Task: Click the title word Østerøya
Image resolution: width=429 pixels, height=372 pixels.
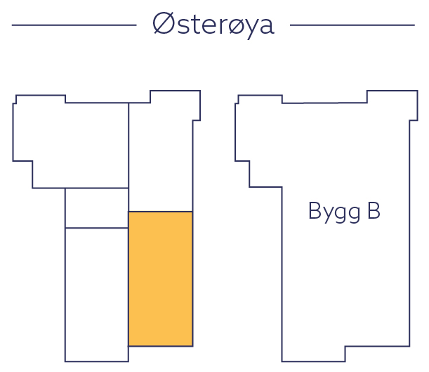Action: pos(213,25)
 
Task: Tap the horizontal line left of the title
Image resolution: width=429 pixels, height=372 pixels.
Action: pos(74,25)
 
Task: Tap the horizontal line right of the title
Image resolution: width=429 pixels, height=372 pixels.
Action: pos(352,25)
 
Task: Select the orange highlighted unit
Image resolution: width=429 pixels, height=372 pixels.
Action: pos(160,278)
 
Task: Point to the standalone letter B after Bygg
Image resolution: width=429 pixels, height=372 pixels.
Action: pos(373,210)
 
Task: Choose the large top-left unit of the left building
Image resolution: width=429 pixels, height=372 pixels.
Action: pos(70,144)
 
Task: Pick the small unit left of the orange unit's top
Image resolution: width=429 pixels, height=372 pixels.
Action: pos(96,208)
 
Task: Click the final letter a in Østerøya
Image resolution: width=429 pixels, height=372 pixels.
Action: pos(265,27)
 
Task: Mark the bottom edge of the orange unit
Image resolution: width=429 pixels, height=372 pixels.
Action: pos(160,345)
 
